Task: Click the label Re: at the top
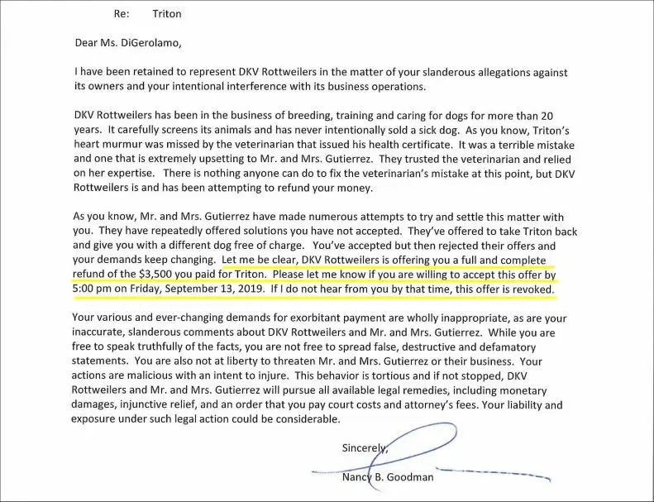pyautogui.click(x=121, y=13)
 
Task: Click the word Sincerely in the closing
pyautogui.click(x=362, y=447)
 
